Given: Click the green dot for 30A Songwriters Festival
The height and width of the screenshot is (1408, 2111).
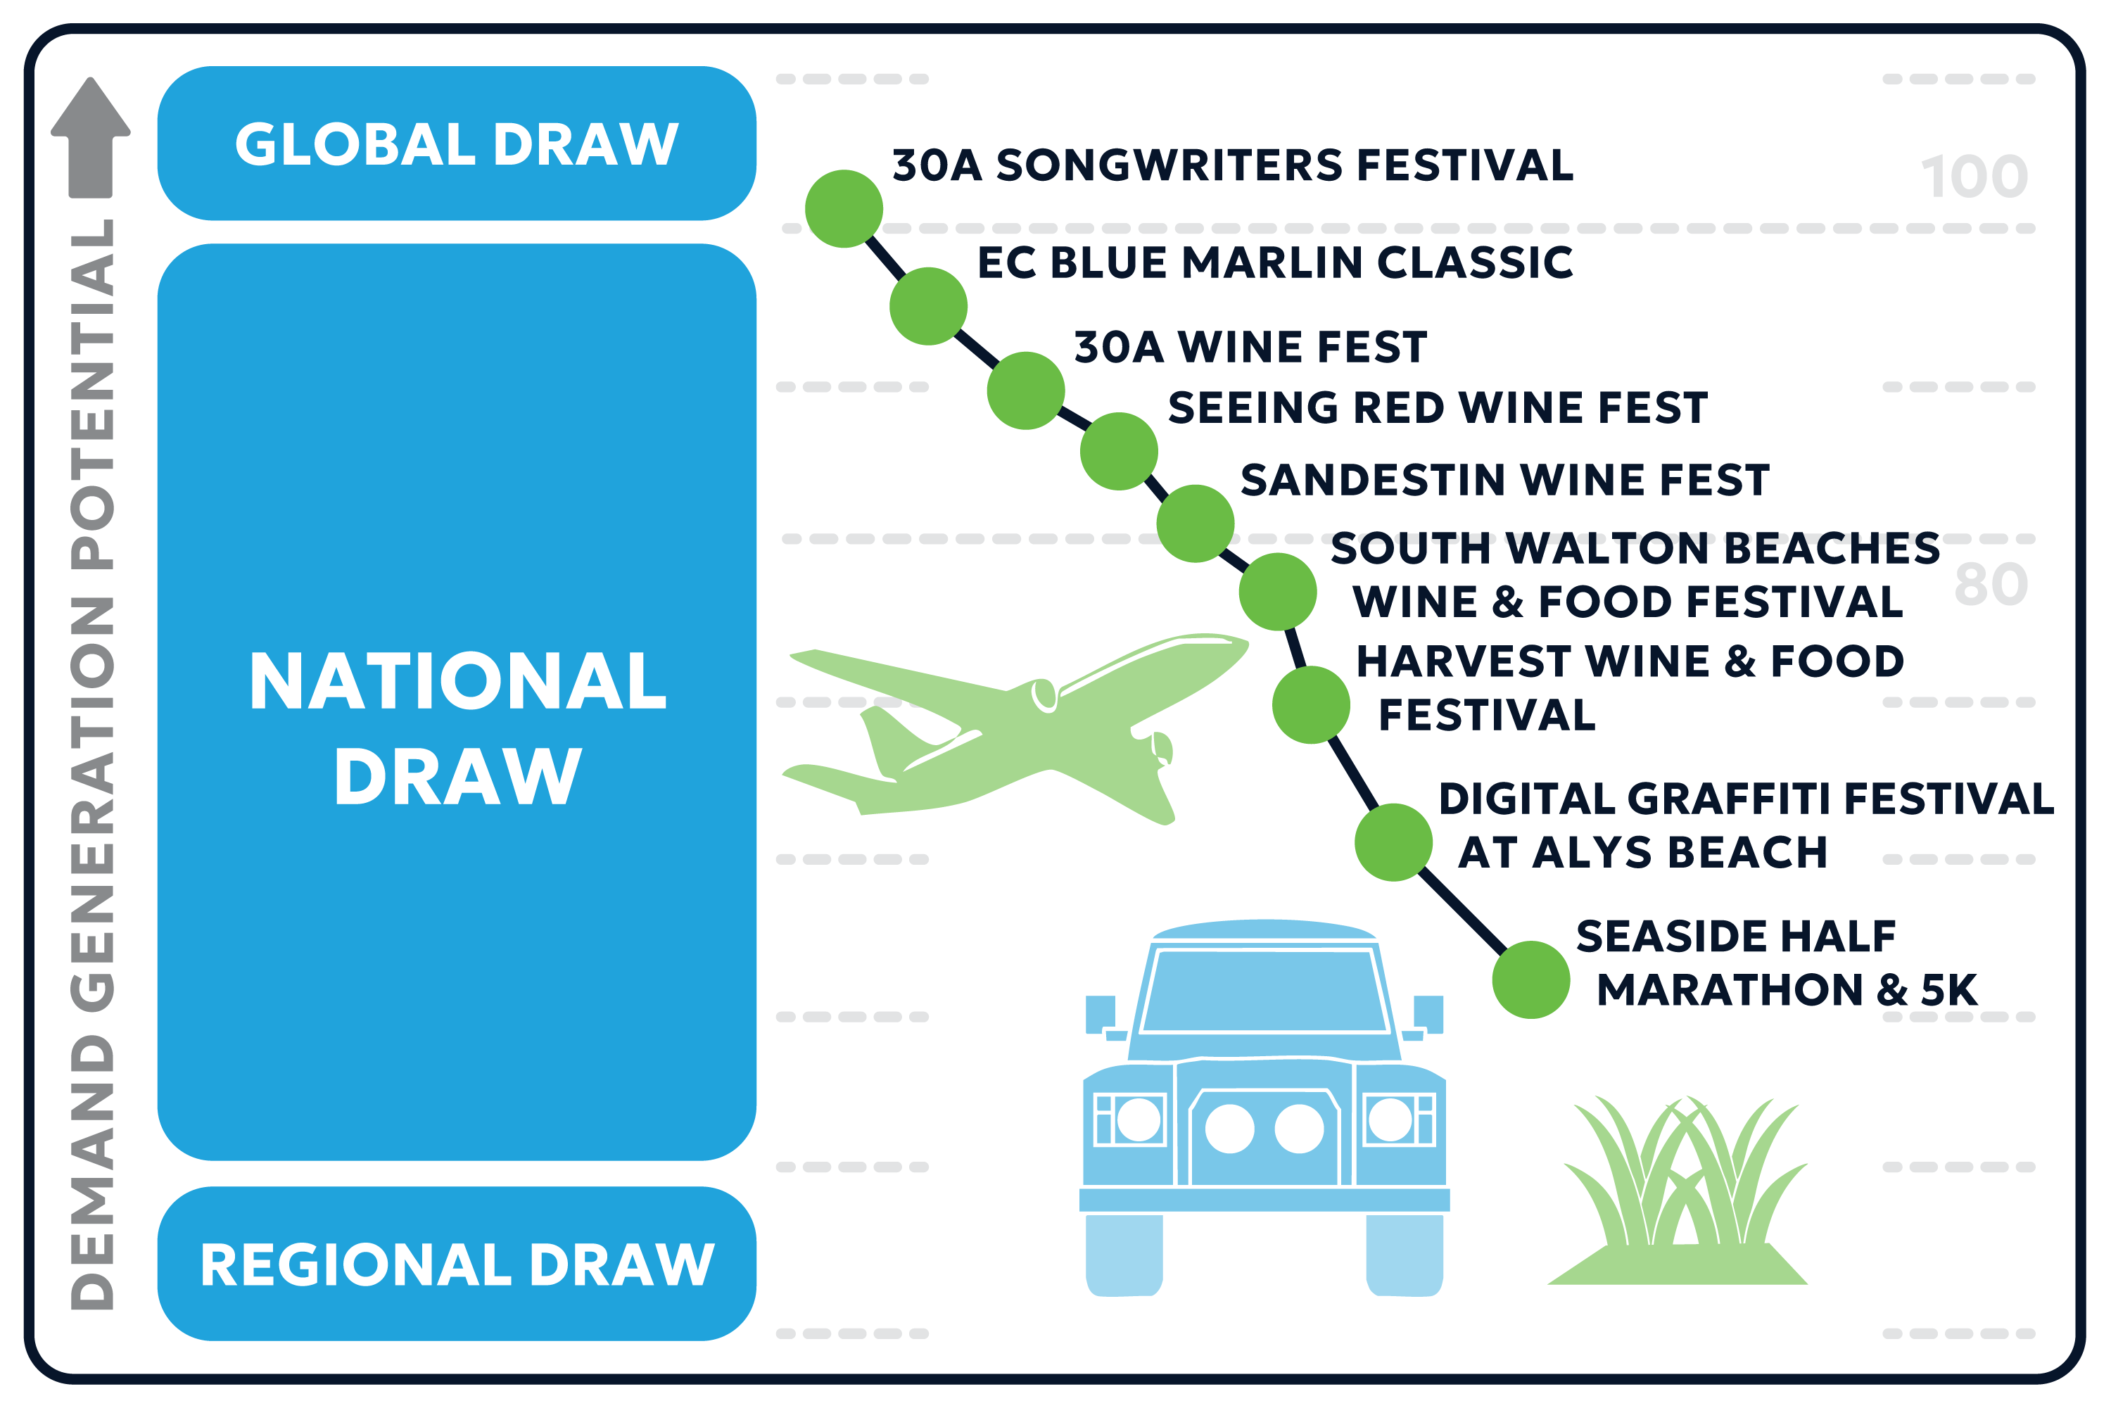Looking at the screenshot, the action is click(844, 208).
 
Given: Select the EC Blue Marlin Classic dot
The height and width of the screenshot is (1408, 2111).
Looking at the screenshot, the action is click(928, 306).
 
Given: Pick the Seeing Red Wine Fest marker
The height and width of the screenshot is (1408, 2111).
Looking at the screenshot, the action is click(1119, 451).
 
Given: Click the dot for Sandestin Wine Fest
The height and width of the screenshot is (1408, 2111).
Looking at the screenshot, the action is click(1195, 524).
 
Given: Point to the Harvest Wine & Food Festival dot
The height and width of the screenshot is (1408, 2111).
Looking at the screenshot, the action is click(1311, 705).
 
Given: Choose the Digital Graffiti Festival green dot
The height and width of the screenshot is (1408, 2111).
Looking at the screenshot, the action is click(1393, 842).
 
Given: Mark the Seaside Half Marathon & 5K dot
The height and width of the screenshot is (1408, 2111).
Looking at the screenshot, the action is click(1531, 979).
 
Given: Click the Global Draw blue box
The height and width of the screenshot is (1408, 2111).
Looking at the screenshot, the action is click(457, 143).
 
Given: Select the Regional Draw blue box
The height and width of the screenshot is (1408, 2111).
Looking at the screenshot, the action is click(457, 1264).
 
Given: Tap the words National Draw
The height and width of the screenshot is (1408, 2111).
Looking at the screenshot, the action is click(458, 728).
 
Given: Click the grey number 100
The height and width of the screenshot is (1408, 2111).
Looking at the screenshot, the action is click(1974, 177).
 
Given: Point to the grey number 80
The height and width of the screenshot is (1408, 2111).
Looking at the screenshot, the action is click(1991, 585).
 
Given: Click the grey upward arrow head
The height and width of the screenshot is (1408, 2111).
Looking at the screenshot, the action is click(91, 106).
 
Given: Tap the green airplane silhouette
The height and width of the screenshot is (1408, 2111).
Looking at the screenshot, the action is click(1015, 729).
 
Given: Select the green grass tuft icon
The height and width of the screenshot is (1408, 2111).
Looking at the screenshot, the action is click(1678, 1191).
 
